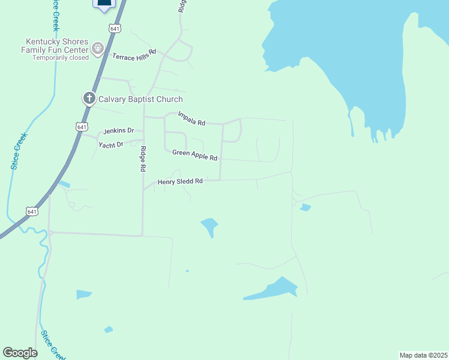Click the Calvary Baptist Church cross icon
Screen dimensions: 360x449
tap(89, 98)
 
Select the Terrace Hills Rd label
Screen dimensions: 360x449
tap(134, 54)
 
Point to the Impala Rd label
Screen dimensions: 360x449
tap(191, 119)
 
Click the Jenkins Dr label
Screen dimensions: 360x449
tap(119, 131)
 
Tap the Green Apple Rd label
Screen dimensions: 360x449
tap(194, 155)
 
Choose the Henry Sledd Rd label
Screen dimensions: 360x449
tap(180, 181)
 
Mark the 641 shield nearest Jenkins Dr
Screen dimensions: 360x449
tap(82, 126)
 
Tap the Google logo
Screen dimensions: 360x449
tap(20, 353)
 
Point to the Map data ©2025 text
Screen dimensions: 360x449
tap(423, 355)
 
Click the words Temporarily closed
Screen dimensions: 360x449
tap(60, 58)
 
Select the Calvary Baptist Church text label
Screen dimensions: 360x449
tap(140, 99)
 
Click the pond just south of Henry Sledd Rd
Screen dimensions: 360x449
tap(209, 226)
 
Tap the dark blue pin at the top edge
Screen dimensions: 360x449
tap(104, 4)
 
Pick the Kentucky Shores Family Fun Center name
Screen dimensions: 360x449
tap(54, 46)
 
